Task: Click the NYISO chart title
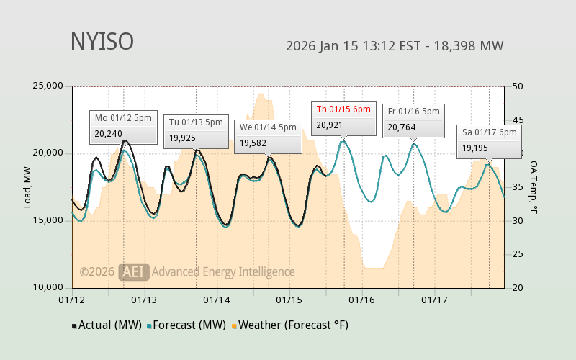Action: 102,42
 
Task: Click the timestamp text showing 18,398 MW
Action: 394,46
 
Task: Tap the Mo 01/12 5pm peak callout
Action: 124,125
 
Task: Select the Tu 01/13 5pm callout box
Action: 197,130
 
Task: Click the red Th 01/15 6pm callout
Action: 343,117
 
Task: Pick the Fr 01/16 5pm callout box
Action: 413,120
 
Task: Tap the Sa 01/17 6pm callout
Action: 489,140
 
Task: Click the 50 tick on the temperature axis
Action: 517,86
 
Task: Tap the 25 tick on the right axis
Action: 517,254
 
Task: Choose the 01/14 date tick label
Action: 217,299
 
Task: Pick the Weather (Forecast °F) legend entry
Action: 290,325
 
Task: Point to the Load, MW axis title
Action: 27,187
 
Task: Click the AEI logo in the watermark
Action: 134,271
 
